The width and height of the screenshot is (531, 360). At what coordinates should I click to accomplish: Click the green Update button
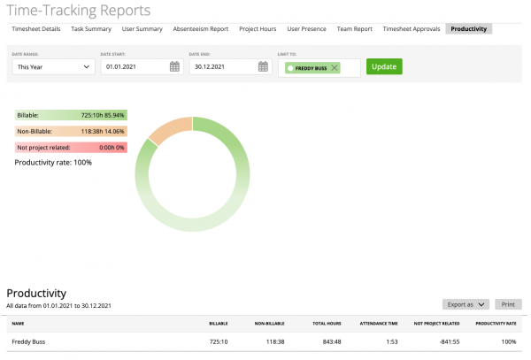click(384, 67)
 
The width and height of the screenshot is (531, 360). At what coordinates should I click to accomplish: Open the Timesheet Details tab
click(36, 29)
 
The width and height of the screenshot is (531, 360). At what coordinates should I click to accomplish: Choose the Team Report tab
click(355, 29)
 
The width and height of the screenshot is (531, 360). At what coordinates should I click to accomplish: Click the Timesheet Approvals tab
click(412, 29)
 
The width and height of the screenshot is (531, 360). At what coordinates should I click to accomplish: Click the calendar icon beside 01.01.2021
click(174, 67)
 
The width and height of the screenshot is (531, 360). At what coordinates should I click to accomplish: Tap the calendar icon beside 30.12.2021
click(263, 67)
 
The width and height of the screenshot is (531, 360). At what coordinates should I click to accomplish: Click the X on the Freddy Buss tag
click(334, 68)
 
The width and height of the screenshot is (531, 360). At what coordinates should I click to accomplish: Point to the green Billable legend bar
click(71, 115)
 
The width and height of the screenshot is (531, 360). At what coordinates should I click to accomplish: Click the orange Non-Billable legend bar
click(71, 131)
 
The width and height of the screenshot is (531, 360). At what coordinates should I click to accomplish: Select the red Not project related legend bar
click(71, 147)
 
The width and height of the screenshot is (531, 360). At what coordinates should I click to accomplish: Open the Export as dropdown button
click(466, 304)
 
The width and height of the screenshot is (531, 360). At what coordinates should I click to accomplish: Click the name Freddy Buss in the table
click(28, 341)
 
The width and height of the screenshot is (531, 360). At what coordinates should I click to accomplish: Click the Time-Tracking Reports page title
click(79, 10)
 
